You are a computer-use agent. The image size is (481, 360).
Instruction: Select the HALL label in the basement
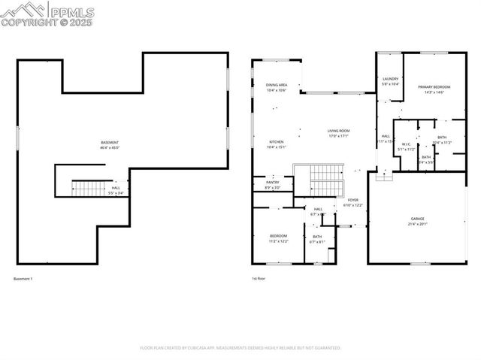pyautogui.click(x=116, y=190)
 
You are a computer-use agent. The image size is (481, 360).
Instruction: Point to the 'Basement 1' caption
pyautogui.click(x=23, y=279)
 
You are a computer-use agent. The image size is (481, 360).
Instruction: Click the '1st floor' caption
pyautogui.click(x=259, y=279)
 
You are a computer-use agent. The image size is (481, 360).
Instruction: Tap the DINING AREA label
pyautogui.click(x=277, y=88)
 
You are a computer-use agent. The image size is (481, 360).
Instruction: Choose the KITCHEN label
pyautogui.click(x=277, y=144)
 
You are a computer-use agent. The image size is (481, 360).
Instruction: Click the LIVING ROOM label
pyautogui.click(x=339, y=133)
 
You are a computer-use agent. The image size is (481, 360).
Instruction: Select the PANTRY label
pyautogui.click(x=273, y=184)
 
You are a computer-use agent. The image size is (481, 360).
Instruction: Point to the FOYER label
pyautogui.click(x=353, y=202)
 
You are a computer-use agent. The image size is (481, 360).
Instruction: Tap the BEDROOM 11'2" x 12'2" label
pyautogui.click(x=279, y=238)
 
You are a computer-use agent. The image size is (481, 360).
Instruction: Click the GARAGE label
pyautogui.click(x=417, y=221)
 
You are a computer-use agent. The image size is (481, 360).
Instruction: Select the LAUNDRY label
pyautogui.click(x=390, y=81)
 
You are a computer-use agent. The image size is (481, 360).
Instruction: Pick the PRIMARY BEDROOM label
pyautogui.click(x=431, y=89)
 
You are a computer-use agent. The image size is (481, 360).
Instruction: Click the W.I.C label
pyautogui.click(x=406, y=147)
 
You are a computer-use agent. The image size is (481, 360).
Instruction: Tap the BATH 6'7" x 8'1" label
pyautogui.click(x=317, y=239)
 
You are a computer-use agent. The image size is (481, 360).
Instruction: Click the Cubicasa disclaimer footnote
pyautogui.click(x=240, y=348)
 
